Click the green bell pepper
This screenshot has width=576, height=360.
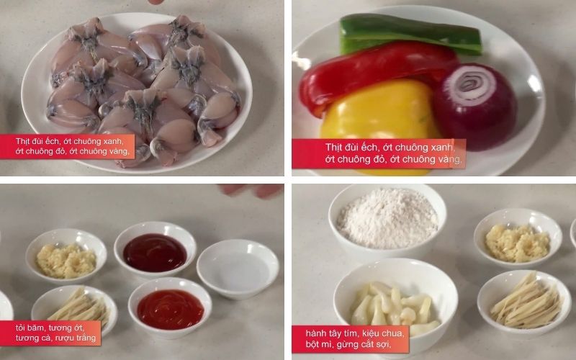click(x=410, y=35)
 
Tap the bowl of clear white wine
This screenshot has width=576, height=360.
click(x=238, y=268)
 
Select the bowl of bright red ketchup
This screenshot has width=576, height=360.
click(x=170, y=307)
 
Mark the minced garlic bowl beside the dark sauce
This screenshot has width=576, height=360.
click(x=66, y=256)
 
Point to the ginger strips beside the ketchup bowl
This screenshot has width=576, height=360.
click(x=79, y=307)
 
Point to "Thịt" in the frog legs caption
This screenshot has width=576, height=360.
click(x=23, y=140)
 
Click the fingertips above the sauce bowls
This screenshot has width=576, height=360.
click(x=251, y=190)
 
